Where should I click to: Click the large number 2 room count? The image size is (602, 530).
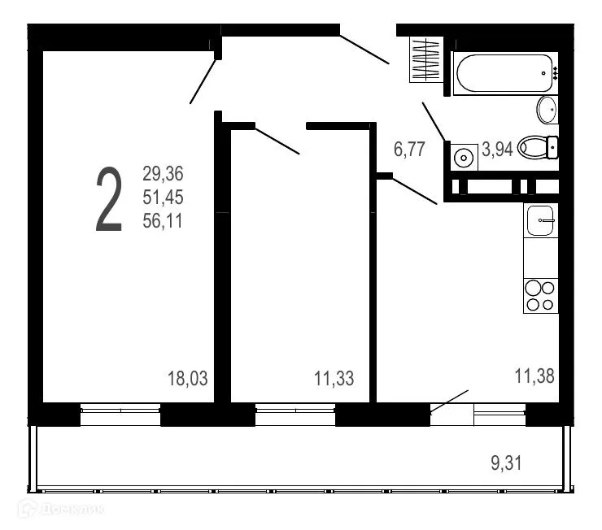coord(109,200)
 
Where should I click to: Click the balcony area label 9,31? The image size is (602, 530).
coord(506,463)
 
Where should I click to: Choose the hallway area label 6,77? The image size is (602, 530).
coord(409,149)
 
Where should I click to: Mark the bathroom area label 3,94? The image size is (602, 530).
coord(497,149)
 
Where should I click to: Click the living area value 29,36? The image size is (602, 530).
coord(164,173)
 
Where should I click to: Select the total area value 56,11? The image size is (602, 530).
coord(164,219)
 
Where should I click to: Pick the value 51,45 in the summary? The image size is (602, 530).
coord(164,197)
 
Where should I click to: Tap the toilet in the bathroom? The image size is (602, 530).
coord(537,147)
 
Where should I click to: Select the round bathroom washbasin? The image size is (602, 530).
coord(547,109)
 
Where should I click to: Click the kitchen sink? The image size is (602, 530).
coord(540,219)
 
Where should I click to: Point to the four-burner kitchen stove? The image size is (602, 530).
coord(540,296)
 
